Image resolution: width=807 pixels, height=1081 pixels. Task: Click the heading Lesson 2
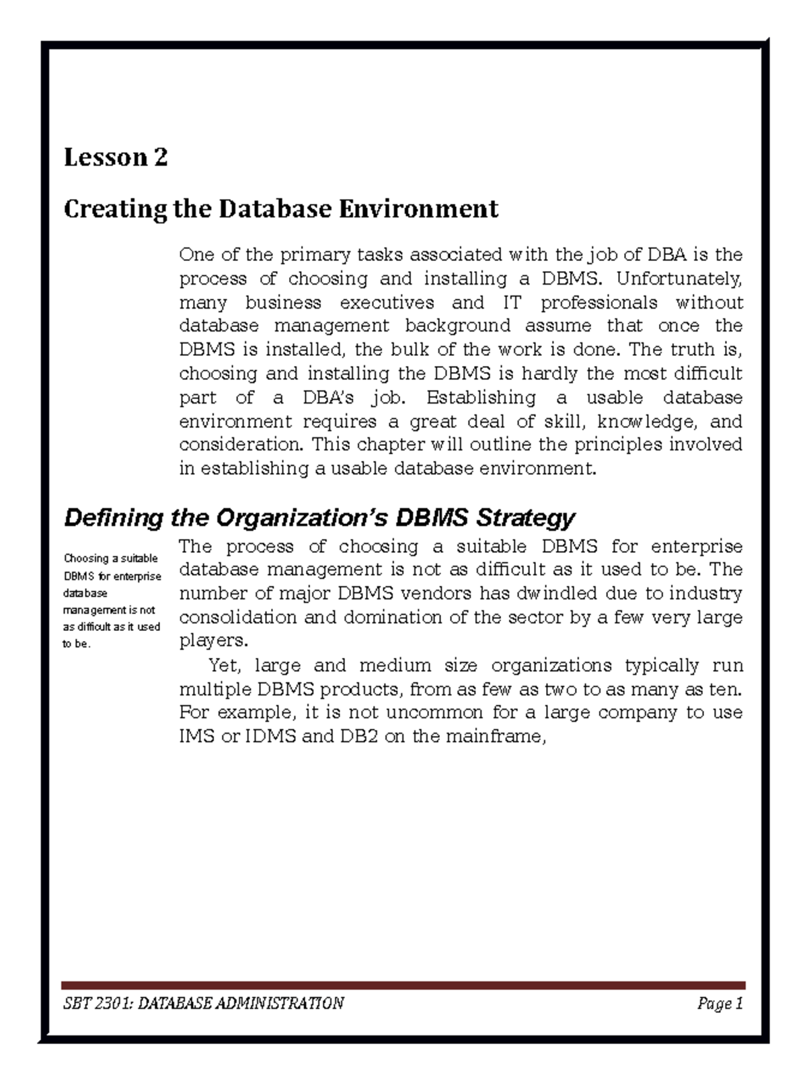(x=115, y=157)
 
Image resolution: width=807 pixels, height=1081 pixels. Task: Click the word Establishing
(x=481, y=397)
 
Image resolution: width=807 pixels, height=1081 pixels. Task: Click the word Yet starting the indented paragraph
(x=223, y=665)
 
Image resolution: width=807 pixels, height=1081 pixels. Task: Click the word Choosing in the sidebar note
(x=86, y=558)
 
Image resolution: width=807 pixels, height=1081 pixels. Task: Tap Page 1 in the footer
(x=720, y=1004)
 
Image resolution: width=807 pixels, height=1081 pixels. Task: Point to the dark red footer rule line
(x=403, y=985)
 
